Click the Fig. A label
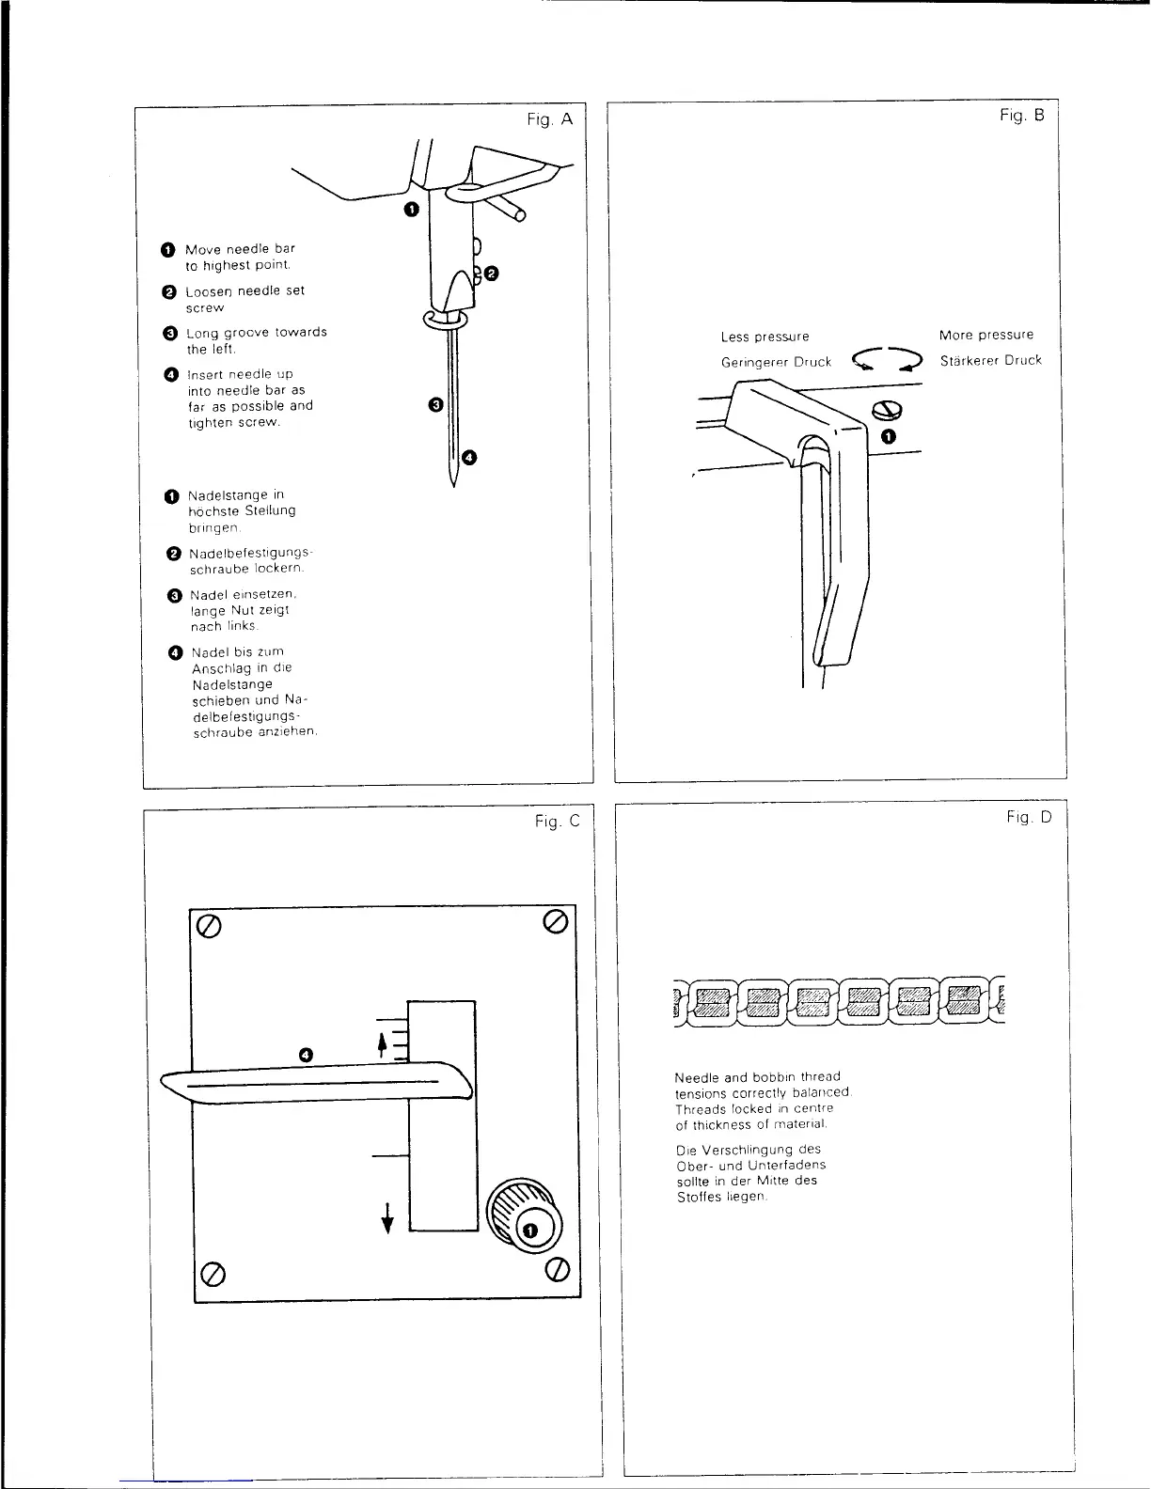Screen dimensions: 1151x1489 point(549,119)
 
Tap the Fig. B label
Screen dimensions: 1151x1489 point(1021,116)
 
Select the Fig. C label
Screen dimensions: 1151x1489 point(557,822)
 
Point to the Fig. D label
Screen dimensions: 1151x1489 point(1029,818)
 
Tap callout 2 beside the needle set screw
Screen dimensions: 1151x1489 point(491,274)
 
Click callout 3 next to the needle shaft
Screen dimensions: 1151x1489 point(434,405)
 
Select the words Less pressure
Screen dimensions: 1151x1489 point(765,337)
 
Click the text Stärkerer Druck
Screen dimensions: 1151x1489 point(990,361)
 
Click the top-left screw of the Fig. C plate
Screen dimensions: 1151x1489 point(209,926)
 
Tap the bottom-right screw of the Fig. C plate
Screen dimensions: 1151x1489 point(559,1269)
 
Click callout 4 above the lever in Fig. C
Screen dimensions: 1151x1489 point(305,1054)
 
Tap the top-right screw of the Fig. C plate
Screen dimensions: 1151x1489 point(555,921)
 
